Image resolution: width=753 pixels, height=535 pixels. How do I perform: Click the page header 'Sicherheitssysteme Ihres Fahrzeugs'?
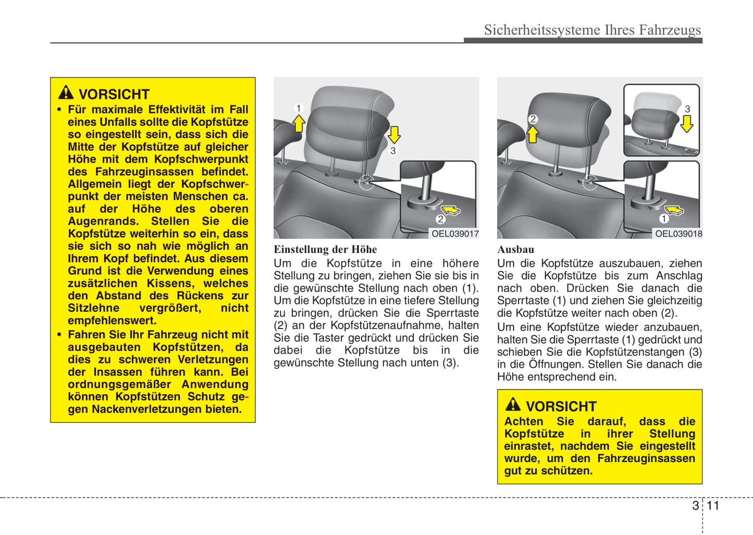pos(592,30)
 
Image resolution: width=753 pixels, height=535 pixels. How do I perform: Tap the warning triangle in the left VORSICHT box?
pos(66,93)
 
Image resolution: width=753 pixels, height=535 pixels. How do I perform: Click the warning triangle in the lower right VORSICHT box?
pos(513,405)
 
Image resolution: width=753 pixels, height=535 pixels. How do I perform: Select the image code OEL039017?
pos(454,234)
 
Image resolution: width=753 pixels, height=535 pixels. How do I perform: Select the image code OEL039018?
pos(678,234)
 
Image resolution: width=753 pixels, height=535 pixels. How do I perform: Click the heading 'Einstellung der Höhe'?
pos(325,249)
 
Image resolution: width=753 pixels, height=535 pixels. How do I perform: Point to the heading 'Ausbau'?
pos(515,249)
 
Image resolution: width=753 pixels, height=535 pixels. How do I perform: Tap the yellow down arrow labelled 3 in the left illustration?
pos(394,135)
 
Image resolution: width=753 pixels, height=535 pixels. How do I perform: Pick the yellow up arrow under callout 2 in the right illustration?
pos(533,135)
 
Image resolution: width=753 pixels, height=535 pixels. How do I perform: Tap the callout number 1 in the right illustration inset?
pos(663,219)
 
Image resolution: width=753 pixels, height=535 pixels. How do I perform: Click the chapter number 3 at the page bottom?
pos(695,505)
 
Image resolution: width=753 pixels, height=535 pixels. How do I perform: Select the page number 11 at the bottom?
pos(713,505)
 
